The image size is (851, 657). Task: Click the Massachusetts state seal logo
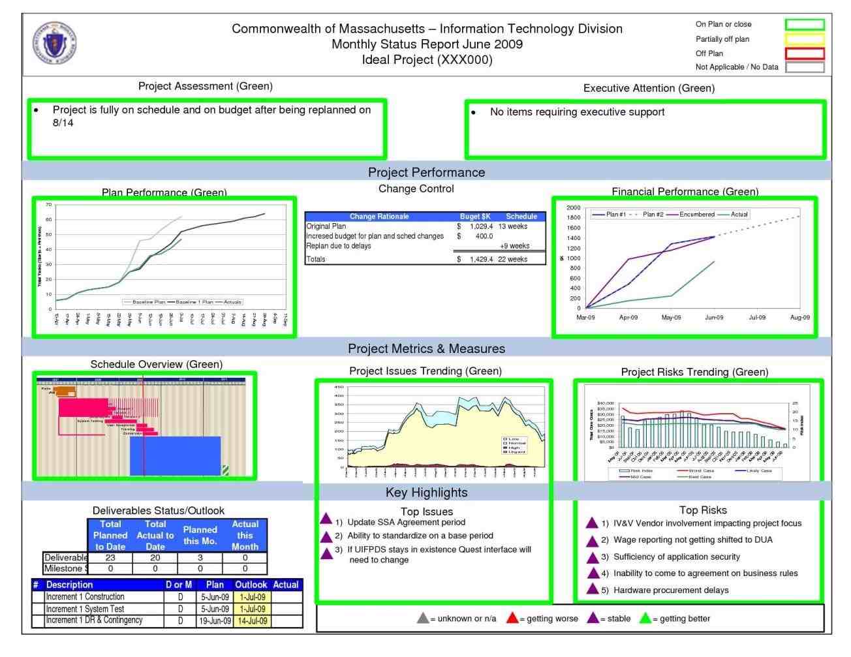pos(55,44)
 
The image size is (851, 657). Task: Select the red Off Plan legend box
pos(804,53)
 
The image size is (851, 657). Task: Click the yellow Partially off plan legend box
pos(804,39)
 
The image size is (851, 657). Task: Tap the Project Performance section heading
pos(426,172)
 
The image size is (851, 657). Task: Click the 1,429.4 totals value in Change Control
pos(481,259)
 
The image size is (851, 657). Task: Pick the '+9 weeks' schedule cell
pos(514,246)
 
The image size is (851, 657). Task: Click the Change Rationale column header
pos(379,217)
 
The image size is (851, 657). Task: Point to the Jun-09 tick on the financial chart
pos(714,317)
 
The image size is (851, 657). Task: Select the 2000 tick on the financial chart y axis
pos(573,207)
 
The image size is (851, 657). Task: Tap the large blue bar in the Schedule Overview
pos(175,455)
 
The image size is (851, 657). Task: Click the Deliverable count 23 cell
pos(110,558)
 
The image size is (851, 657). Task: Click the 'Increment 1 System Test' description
pos(85,609)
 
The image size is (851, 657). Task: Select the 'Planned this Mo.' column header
pos(200,535)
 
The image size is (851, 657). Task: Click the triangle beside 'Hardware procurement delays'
pos(592,589)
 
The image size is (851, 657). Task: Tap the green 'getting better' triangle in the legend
pos(645,618)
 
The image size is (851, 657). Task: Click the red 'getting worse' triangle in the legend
pos(512,618)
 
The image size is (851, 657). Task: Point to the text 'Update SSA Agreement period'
pos(406,522)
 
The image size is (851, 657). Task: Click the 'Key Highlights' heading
pos(426,493)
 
